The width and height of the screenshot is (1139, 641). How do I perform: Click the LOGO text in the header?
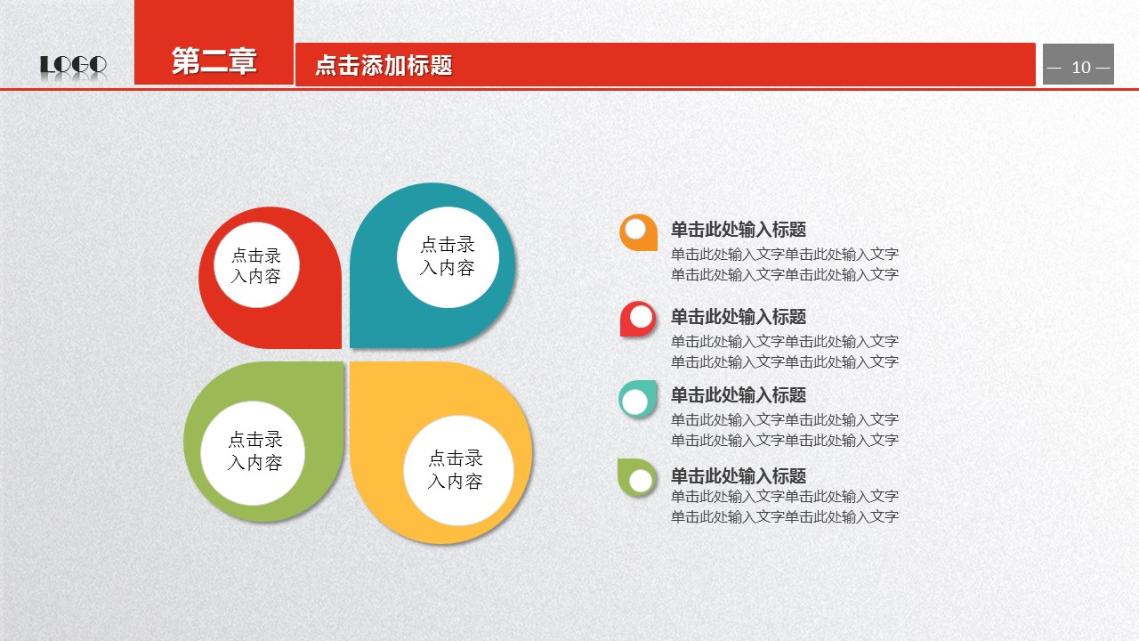point(73,65)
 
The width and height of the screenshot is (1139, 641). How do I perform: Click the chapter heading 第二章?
point(214,61)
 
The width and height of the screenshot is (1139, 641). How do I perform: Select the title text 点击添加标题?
point(384,65)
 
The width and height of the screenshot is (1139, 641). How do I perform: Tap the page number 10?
point(1081,67)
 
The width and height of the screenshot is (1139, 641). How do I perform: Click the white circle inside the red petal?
point(256,264)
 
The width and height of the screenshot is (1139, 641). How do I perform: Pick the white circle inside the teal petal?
point(448,257)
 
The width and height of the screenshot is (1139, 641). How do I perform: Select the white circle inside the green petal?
point(253,453)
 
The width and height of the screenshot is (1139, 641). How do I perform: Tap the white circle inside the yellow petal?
point(458,470)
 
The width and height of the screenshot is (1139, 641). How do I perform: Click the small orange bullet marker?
point(638,232)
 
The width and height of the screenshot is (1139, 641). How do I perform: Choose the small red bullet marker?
point(638,319)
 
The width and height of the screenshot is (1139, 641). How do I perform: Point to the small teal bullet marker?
point(637,400)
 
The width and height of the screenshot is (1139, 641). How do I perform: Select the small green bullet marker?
point(636,478)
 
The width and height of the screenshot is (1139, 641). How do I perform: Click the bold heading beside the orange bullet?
point(739,230)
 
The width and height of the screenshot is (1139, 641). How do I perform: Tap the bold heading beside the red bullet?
point(739,316)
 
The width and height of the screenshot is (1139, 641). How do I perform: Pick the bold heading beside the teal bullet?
point(739,394)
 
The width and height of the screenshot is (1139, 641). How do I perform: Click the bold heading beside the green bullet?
point(739,475)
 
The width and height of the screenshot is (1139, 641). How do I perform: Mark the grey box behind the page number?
point(1078,64)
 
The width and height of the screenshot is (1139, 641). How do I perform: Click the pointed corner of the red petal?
point(341,348)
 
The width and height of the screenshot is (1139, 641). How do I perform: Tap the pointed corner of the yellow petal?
point(351,362)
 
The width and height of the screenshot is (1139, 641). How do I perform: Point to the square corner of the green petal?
point(343,362)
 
